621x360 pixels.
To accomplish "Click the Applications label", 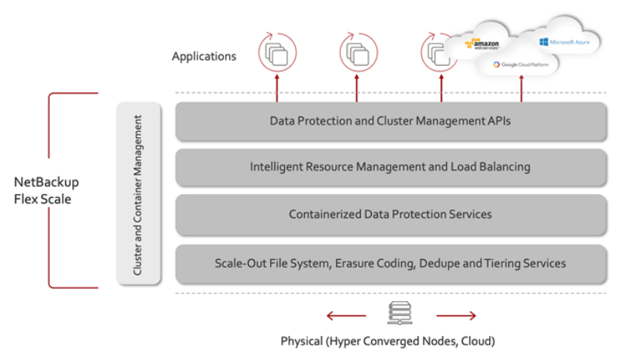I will click(x=204, y=56).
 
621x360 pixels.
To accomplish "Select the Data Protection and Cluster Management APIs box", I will click(x=390, y=121).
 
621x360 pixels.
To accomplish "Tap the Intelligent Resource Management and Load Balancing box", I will click(x=390, y=167).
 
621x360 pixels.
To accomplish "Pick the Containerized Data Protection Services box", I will click(x=390, y=214).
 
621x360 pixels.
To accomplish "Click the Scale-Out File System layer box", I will click(x=390, y=263).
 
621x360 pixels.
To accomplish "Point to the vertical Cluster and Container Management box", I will click(x=138, y=194).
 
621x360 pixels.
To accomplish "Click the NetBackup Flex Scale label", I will click(x=47, y=190).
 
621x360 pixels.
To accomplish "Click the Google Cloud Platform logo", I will click(x=525, y=64).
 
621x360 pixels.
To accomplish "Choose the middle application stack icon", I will click(x=357, y=53).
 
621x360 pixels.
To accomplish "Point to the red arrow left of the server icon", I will click(x=345, y=316).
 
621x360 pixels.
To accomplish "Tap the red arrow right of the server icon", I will click(x=456, y=316).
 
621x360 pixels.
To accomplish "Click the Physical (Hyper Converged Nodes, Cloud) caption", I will click(x=388, y=341).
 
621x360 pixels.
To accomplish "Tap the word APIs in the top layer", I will click(x=498, y=121).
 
